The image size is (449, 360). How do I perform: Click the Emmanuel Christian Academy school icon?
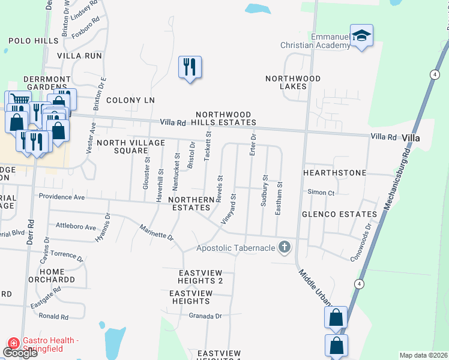click(361, 37)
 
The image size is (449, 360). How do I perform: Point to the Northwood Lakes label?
click(293, 82)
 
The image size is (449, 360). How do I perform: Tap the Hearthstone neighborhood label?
click(334, 173)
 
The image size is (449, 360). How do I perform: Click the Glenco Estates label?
click(339, 214)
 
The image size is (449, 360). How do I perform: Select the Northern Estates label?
click(191, 203)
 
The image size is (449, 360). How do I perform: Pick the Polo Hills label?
click(34, 41)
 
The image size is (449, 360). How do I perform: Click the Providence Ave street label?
click(62, 197)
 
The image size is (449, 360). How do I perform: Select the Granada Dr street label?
click(205, 316)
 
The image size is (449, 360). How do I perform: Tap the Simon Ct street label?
click(321, 193)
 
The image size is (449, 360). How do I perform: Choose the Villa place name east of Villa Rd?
click(411, 138)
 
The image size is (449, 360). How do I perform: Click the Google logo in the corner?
click(20, 353)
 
